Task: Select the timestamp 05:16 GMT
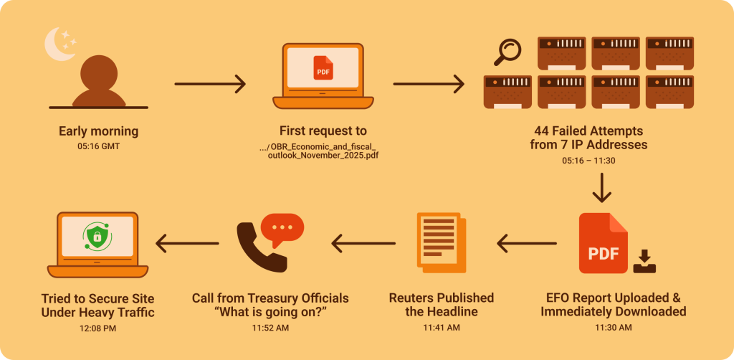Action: point(98,146)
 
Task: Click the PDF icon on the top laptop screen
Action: point(323,69)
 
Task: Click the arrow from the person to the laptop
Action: point(210,84)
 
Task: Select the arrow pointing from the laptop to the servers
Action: point(428,84)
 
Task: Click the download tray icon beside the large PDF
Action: point(644,261)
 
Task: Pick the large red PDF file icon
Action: point(602,245)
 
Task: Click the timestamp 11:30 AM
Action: point(613,328)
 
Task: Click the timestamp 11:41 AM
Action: point(441,328)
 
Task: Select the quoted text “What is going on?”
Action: point(270,312)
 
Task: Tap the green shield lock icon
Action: point(97,237)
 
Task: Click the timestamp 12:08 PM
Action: point(97,328)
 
